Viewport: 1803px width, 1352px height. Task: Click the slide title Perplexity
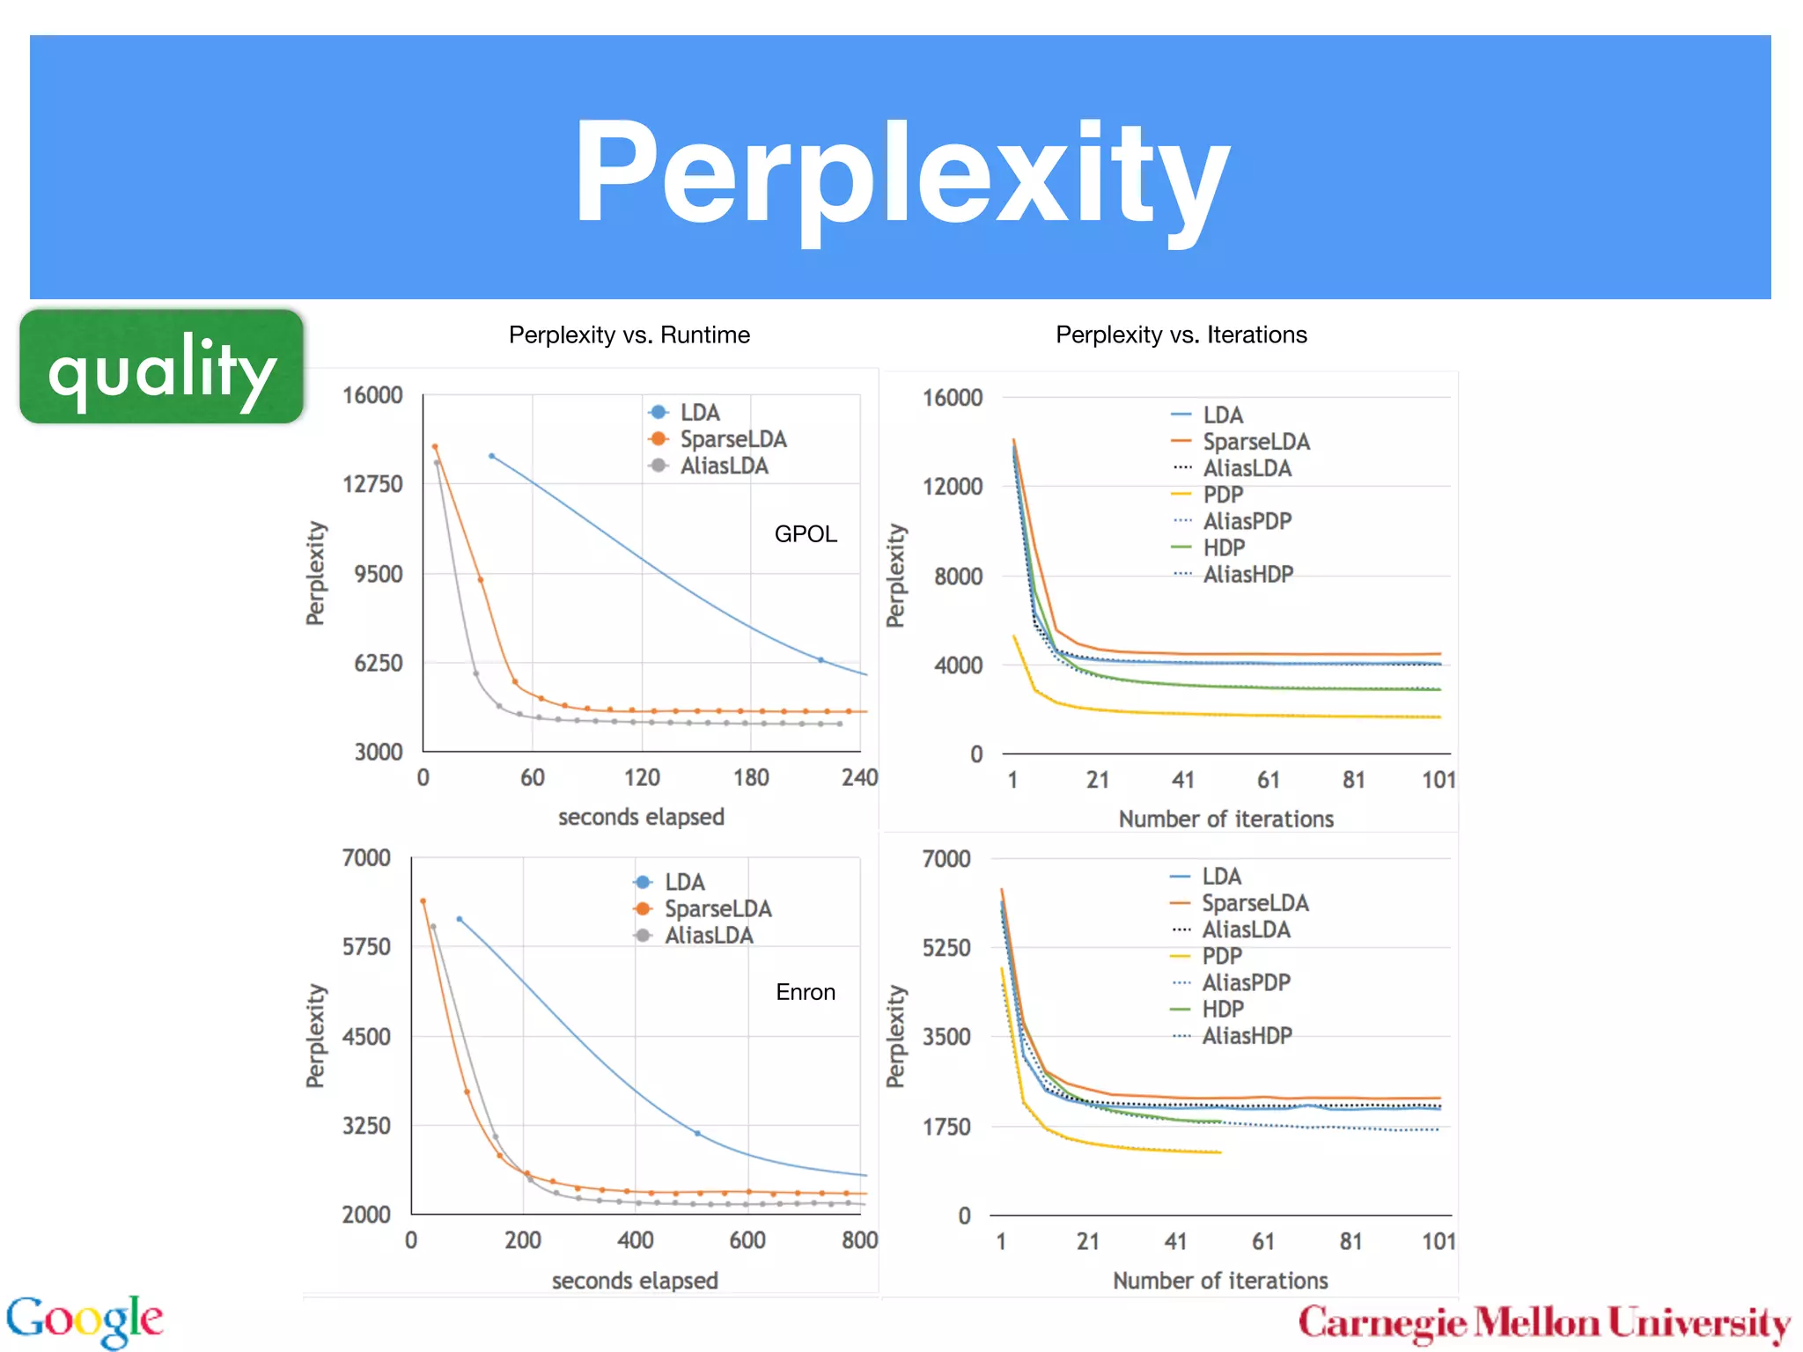tap(901, 173)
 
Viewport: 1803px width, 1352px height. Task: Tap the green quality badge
tap(162, 367)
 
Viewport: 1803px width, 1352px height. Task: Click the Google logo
tap(85, 1319)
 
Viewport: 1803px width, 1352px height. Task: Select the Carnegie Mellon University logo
tap(1544, 1323)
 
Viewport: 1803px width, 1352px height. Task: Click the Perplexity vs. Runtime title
tap(629, 334)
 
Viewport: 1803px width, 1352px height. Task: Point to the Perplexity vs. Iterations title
tap(1181, 334)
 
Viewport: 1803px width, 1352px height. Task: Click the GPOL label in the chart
tap(805, 534)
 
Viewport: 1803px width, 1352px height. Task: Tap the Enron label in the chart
tap(805, 992)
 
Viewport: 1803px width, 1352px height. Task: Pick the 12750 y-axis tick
tap(372, 484)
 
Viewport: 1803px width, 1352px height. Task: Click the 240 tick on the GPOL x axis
tap(859, 777)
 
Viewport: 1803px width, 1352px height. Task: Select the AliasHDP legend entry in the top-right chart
tap(1247, 575)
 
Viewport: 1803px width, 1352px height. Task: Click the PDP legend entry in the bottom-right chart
tap(1221, 956)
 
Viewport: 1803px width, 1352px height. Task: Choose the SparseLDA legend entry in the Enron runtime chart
tap(717, 908)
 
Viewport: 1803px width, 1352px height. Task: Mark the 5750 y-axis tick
tap(366, 947)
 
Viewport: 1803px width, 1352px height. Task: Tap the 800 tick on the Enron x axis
tap(859, 1240)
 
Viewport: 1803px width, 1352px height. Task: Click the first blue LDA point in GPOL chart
tap(491, 456)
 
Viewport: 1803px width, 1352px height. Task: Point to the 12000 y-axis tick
tap(952, 487)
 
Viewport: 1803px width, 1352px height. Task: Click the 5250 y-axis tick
tap(946, 948)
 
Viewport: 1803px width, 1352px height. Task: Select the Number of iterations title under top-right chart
tap(1225, 819)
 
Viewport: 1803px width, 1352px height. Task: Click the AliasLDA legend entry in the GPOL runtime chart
tap(723, 466)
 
